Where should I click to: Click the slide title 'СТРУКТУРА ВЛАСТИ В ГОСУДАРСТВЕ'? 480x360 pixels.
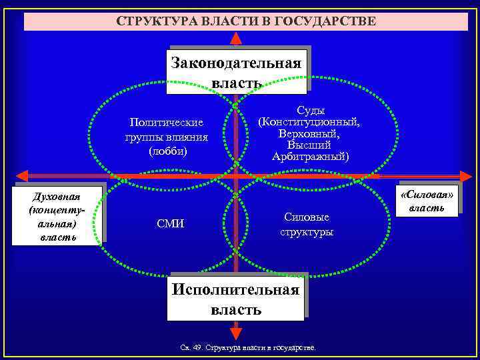click(246, 21)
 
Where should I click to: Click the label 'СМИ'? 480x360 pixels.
click(171, 225)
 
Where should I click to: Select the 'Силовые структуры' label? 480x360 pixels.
click(307, 225)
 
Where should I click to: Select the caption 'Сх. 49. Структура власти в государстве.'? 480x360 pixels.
click(249, 348)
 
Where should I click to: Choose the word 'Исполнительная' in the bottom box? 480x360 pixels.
click(236, 290)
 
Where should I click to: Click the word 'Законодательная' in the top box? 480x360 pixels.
click(237, 63)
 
